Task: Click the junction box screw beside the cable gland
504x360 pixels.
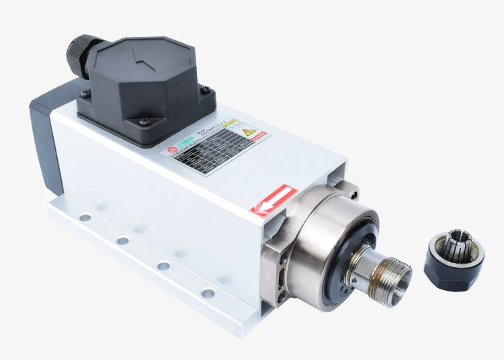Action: (x=85, y=94)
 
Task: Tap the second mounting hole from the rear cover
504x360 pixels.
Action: (x=122, y=240)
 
